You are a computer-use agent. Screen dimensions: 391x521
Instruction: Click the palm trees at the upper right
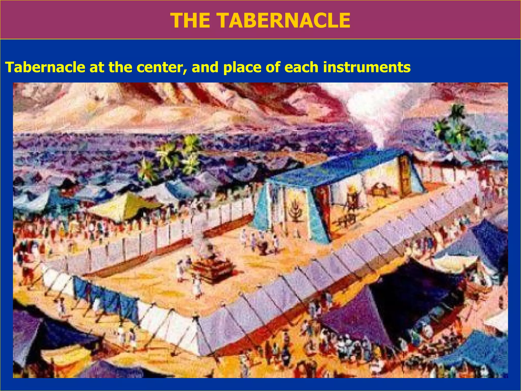[x=455, y=127]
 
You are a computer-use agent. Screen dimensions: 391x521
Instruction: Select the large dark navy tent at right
[x=417, y=293]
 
